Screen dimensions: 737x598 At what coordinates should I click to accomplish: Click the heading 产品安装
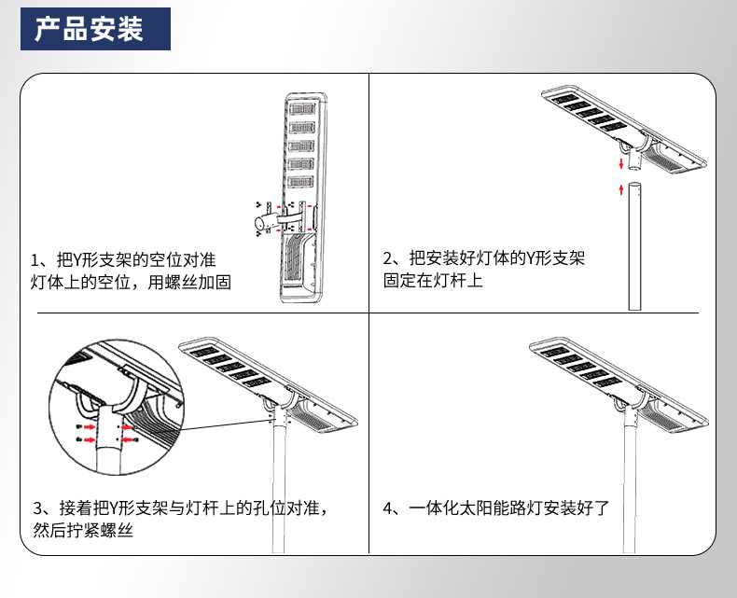coord(90,30)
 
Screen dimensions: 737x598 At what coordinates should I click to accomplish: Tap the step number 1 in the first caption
coord(36,259)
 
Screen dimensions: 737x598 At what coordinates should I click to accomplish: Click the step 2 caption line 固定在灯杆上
coord(433,280)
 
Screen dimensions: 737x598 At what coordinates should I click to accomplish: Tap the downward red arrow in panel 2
coord(621,162)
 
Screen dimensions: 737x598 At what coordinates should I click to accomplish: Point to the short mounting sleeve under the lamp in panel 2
coord(633,160)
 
